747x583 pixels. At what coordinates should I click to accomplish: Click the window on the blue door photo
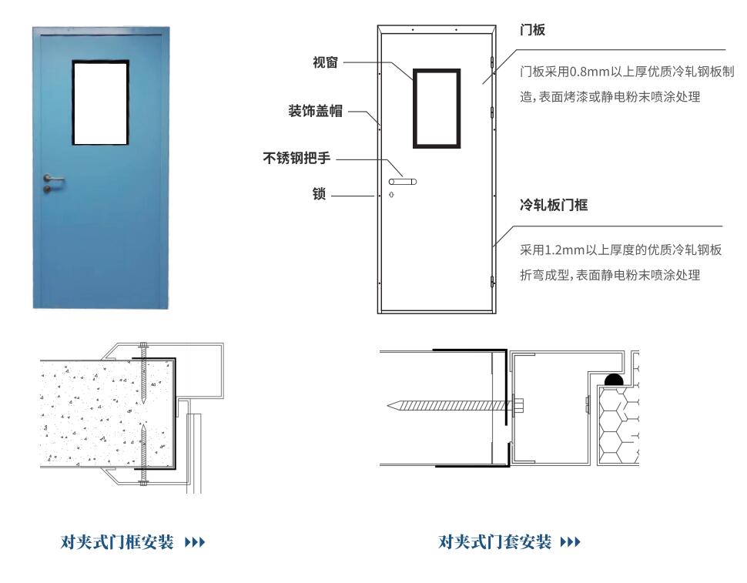click(x=101, y=102)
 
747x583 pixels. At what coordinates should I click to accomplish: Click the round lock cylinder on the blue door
click(x=47, y=189)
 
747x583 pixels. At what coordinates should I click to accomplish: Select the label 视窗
click(x=326, y=62)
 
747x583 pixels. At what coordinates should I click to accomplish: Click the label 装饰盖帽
click(x=316, y=111)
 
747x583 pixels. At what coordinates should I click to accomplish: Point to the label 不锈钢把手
click(x=296, y=158)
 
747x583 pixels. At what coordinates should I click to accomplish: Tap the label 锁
click(x=319, y=194)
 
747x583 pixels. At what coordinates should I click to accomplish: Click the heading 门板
click(x=533, y=30)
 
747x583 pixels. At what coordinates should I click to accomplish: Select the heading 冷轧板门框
click(x=554, y=206)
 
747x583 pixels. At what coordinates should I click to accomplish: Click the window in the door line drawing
click(x=437, y=109)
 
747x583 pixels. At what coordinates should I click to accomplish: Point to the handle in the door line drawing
click(x=403, y=182)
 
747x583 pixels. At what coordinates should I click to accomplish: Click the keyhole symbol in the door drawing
click(x=392, y=194)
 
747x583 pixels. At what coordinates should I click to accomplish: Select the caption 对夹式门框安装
click(x=117, y=542)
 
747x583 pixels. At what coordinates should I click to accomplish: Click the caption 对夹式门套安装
click(x=494, y=542)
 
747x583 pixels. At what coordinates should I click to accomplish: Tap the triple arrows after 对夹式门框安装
click(x=195, y=542)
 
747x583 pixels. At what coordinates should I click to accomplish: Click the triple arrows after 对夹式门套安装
click(x=570, y=542)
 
